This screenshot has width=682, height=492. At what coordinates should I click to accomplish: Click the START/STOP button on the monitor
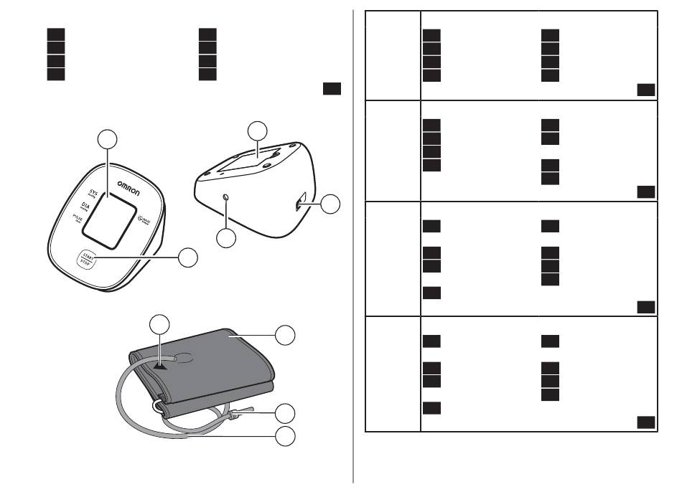pyautogui.click(x=89, y=258)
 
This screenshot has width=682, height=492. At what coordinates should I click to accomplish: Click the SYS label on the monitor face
pyautogui.click(x=93, y=193)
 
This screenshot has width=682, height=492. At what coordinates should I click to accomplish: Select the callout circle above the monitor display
pyautogui.click(x=108, y=139)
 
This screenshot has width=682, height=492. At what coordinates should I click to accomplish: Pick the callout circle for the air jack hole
pyautogui.click(x=227, y=238)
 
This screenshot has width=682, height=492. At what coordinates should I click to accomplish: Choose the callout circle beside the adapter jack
pyautogui.click(x=330, y=204)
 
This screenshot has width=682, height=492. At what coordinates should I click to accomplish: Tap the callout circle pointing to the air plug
pyautogui.click(x=286, y=412)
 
